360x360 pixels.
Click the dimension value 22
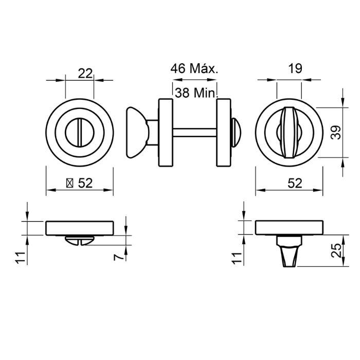(x=85, y=73)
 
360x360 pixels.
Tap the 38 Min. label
(x=196, y=93)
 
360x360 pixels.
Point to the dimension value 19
(x=295, y=68)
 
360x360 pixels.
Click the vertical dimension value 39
(x=335, y=133)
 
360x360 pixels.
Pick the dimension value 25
(x=335, y=251)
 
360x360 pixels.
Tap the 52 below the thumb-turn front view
(x=294, y=183)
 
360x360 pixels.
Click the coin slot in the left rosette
(x=79, y=133)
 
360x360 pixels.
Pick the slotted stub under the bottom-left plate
(x=79, y=240)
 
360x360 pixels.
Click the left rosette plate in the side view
(x=166, y=133)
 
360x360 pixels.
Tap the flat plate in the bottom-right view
(x=289, y=227)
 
